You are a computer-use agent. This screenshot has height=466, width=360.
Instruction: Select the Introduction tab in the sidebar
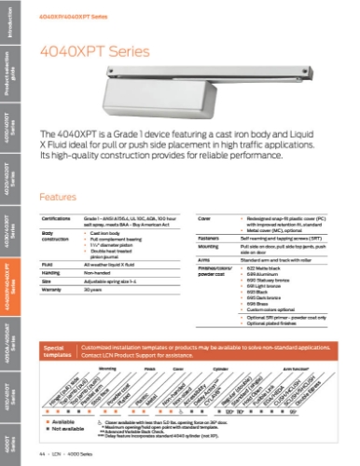point(9,23)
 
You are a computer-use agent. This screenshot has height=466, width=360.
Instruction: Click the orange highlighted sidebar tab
point(9,270)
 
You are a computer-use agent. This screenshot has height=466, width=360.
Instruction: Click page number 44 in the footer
point(43,453)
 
